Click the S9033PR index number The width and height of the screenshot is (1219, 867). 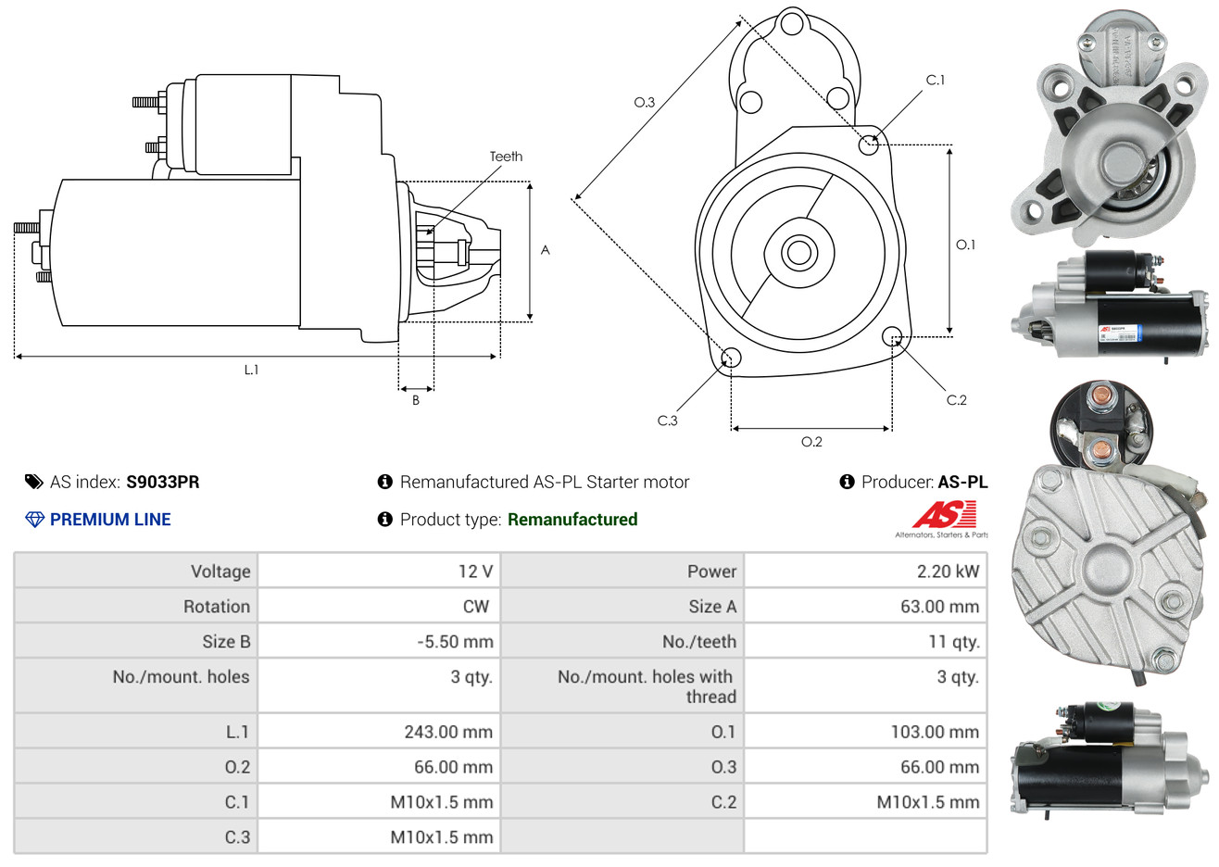162,482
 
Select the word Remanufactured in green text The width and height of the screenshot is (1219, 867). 572,520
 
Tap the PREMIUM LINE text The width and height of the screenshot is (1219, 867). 109,520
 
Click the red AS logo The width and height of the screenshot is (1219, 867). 944,514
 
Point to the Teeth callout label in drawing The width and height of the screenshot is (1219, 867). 506,157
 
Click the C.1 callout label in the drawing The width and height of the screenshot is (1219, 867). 936,81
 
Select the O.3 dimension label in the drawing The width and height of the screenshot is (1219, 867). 644,102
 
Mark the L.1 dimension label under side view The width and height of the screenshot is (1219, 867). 251,370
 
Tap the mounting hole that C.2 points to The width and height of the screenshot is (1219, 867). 892,335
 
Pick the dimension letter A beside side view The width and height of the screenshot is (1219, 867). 545,250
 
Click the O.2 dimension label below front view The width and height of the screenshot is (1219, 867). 811,442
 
